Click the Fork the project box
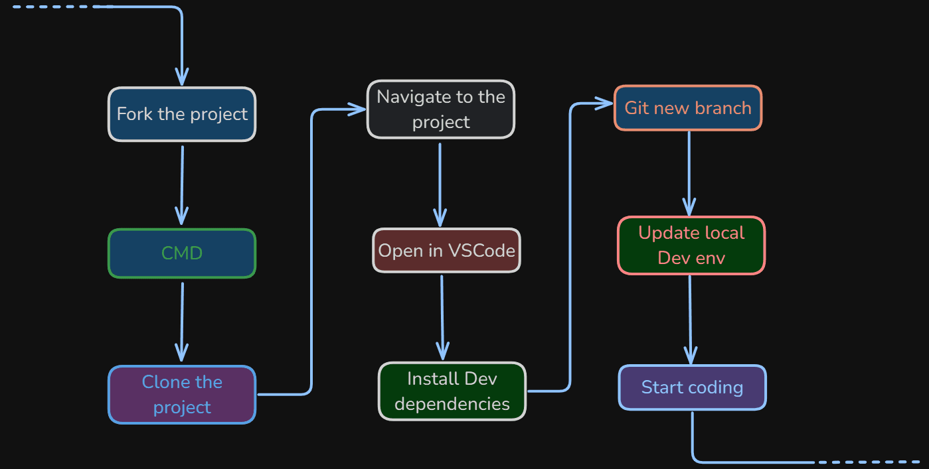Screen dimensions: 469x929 tap(182, 114)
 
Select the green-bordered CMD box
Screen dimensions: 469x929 tap(182, 253)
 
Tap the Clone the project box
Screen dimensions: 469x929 tap(182, 395)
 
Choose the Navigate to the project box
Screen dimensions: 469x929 tap(441, 109)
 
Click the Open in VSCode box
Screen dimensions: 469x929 tap(446, 251)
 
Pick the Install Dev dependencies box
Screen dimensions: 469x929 tap(452, 391)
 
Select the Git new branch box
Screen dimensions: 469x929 tap(688, 108)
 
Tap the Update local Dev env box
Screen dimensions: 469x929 tap(691, 245)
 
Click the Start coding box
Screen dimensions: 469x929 tap(692, 387)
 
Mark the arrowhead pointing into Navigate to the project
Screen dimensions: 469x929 tap(359, 109)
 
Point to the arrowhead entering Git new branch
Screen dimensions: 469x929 tap(605, 103)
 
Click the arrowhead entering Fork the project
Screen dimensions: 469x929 tap(181, 75)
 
